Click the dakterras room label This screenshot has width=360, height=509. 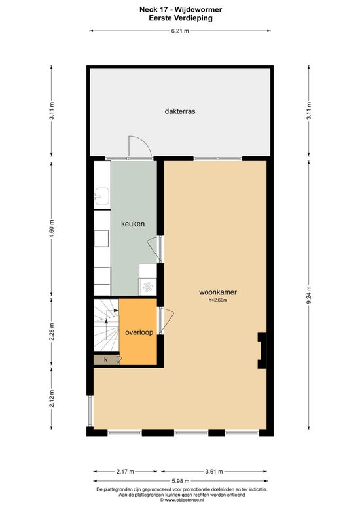point(180,111)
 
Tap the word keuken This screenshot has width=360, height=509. point(133,224)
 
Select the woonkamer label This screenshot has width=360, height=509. point(218,292)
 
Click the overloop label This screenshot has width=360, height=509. point(139,332)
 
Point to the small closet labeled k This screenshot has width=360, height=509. point(105,360)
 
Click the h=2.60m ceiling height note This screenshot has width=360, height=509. point(218,300)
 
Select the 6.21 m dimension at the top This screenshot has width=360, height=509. point(180,31)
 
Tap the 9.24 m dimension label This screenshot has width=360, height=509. point(309,295)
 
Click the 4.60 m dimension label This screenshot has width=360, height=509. point(52,229)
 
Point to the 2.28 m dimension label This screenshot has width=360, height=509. point(52,332)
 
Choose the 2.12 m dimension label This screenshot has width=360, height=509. point(52,398)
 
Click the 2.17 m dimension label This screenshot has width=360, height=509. point(125,471)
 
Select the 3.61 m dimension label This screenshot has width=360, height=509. point(214,471)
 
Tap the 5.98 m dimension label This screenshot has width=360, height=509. point(180,481)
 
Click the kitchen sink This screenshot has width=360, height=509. point(101,196)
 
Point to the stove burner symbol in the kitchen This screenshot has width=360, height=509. point(148,287)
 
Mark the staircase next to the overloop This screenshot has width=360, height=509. point(106,325)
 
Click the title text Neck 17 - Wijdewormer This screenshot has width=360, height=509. point(181,10)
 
